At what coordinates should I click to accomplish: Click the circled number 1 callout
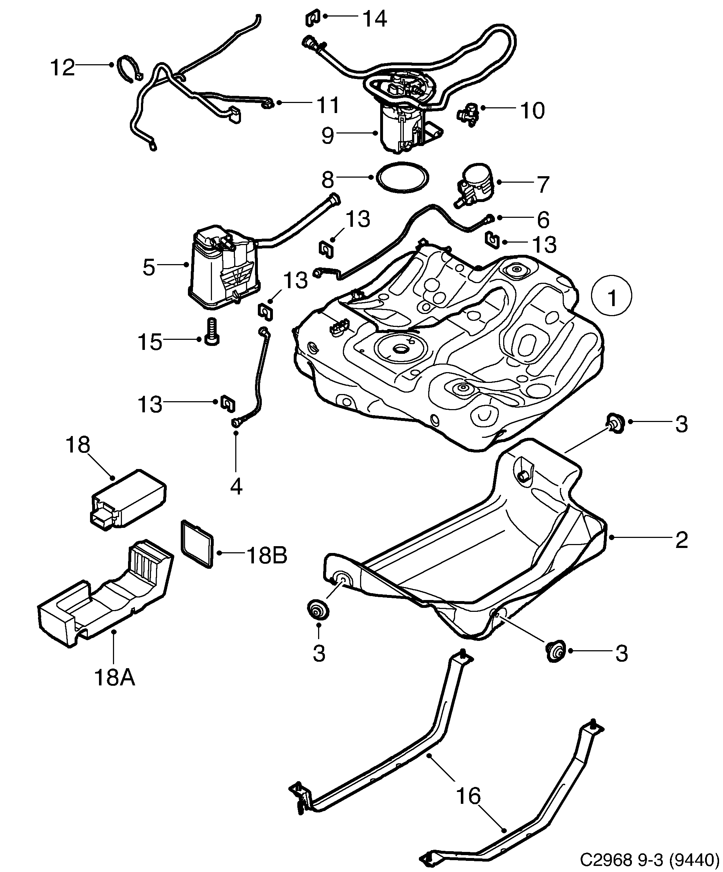tap(611, 296)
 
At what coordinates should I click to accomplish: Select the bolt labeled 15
tap(211, 331)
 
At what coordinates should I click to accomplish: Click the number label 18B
tap(266, 556)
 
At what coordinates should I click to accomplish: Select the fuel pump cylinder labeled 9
tap(398, 129)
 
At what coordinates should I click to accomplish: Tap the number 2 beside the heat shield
tap(681, 540)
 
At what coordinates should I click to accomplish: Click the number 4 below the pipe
tap(236, 486)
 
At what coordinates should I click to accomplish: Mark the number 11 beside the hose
tap(328, 105)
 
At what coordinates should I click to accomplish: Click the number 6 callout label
tap(543, 219)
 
